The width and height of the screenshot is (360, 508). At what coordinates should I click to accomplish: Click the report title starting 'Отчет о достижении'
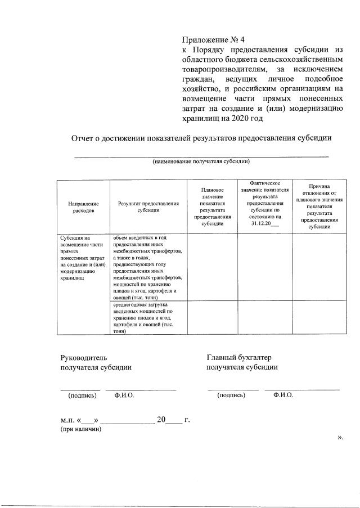(201, 139)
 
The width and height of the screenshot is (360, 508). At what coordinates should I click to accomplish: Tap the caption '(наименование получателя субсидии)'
(201, 161)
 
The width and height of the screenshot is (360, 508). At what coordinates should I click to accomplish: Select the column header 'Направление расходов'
(83, 207)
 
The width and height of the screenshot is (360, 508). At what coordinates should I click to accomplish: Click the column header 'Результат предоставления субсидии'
(148, 207)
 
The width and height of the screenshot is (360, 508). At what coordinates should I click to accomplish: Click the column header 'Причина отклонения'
(319, 206)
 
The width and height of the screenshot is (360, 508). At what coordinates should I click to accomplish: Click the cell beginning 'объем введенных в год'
(148, 267)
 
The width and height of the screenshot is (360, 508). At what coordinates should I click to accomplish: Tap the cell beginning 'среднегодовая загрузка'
(148, 318)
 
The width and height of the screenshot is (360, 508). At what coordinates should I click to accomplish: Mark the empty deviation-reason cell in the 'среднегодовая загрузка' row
(319, 318)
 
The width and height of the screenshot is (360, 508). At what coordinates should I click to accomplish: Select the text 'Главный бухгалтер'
(238, 357)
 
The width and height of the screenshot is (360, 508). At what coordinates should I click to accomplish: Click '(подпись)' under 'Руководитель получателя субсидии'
(82, 395)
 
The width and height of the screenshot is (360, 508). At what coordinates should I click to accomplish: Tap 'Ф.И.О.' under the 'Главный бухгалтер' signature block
(283, 395)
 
